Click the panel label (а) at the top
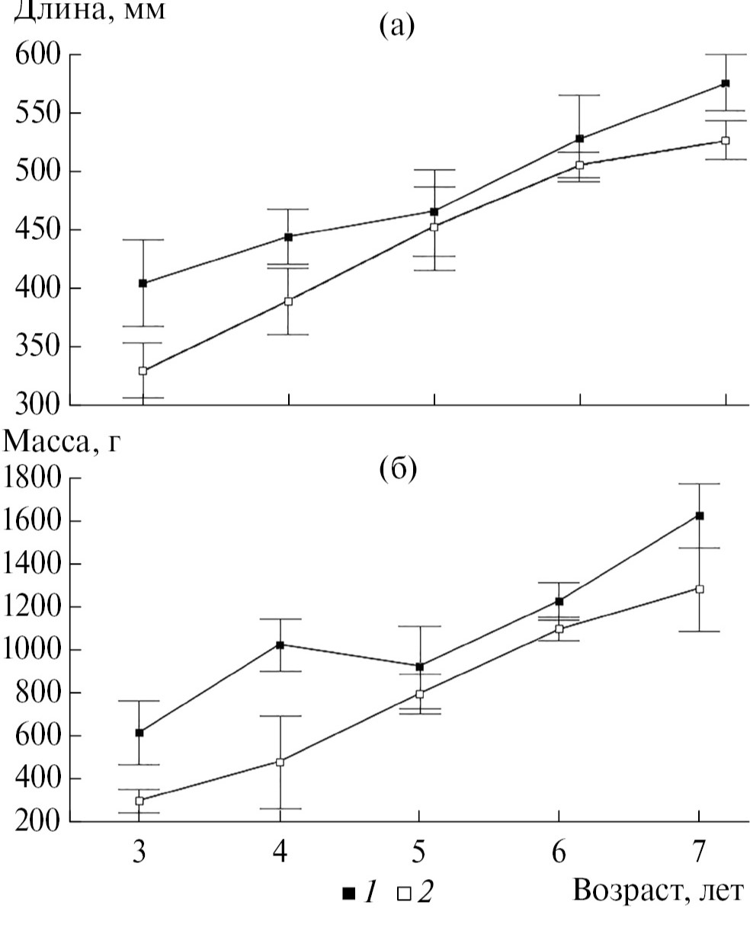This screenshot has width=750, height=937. pyautogui.click(x=396, y=27)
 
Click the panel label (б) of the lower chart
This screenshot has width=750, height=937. pyautogui.click(x=398, y=469)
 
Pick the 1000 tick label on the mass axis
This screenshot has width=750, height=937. pyautogui.click(x=34, y=650)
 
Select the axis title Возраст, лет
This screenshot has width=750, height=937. pyautogui.click(x=656, y=890)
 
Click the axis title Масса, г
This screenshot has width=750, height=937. pyautogui.click(x=62, y=441)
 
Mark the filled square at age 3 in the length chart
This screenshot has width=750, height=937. pyautogui.click(x=143, y=283)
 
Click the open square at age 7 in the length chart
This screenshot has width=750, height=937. pyautogui.click(x=725, y=141)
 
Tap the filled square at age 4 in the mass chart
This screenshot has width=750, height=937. pyautogui.click(x=280, y=644)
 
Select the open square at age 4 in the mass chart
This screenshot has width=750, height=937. pyautogui.click(x=280, y=762)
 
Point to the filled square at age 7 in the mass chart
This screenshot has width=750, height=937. pyautogui.click(x=699, y=516)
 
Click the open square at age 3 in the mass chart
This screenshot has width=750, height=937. pyautogui.click(x=139, y=801)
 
